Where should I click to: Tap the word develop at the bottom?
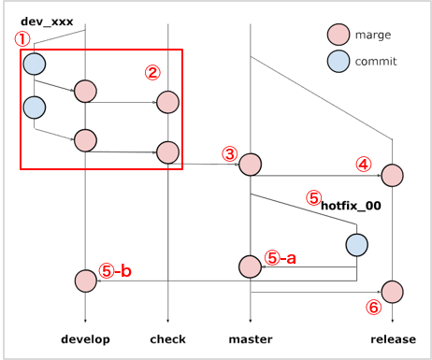coord(85,338)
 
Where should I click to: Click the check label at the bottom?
coord(167,338)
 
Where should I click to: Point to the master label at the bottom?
coord(251,338)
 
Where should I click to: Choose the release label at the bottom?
coord(391,338)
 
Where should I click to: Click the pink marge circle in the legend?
coord(338,36)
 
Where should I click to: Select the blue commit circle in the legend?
coord(338,62)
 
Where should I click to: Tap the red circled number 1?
coord(22,39)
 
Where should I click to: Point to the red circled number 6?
coord(372,306)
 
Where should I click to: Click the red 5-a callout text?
coord(281,257)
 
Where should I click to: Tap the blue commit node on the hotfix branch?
coord(356,245)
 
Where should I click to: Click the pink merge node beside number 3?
coord(251,165)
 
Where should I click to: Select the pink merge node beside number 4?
coord(392,175)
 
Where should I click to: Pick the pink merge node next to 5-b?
coord(85,280)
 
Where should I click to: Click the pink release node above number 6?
coord(392,291)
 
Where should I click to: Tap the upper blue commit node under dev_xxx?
coord(34,64)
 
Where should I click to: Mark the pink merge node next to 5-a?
coord(250,266)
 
